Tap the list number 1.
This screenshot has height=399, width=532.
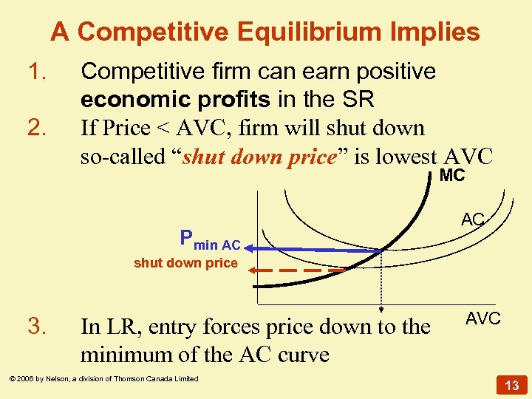[x=36, y=72]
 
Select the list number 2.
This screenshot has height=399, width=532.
[x=36, y=129]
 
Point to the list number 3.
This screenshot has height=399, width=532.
[x=36, y=326]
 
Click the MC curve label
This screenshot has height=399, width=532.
[x=452, y=177]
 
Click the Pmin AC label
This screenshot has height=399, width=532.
[x=210, y=239]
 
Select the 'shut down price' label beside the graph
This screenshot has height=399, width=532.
[x=185, y=263]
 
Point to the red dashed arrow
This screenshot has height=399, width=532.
[x=296, y=270]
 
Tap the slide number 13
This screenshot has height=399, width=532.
[x=511, y=384]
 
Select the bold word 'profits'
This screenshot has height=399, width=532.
[x=236, y=100]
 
